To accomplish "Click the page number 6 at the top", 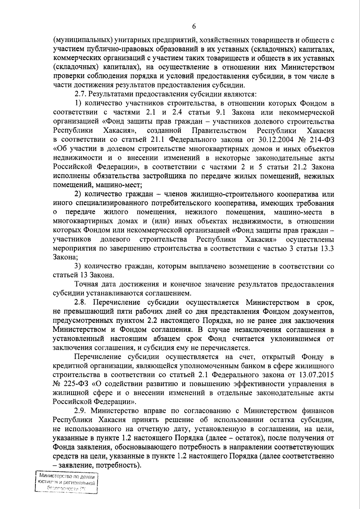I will [194, 27].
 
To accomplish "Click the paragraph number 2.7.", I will [81, 95].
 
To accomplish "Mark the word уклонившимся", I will [291, 339].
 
